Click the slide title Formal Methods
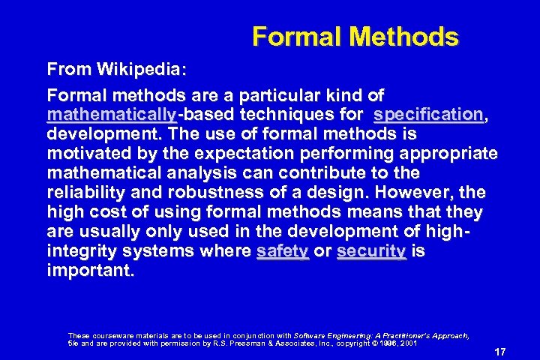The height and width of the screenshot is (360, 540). pyautogui.click(x=355, y=36)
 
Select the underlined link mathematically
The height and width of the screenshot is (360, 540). pyautogui.click(x=111, y=115)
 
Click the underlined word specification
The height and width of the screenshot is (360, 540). pyautogui.click(x=428, y=115)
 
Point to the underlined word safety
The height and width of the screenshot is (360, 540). pyautogui.click(x=282, y=251)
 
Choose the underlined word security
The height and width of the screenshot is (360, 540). pyautogui.click(x=371, y=251)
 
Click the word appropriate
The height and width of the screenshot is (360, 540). pyautogui.click(x=447, y=154)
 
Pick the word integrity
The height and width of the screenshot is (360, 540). pyautogui.click(x=82, y=251)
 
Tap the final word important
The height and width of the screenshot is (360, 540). pyautogui.click(x=91, y=271)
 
